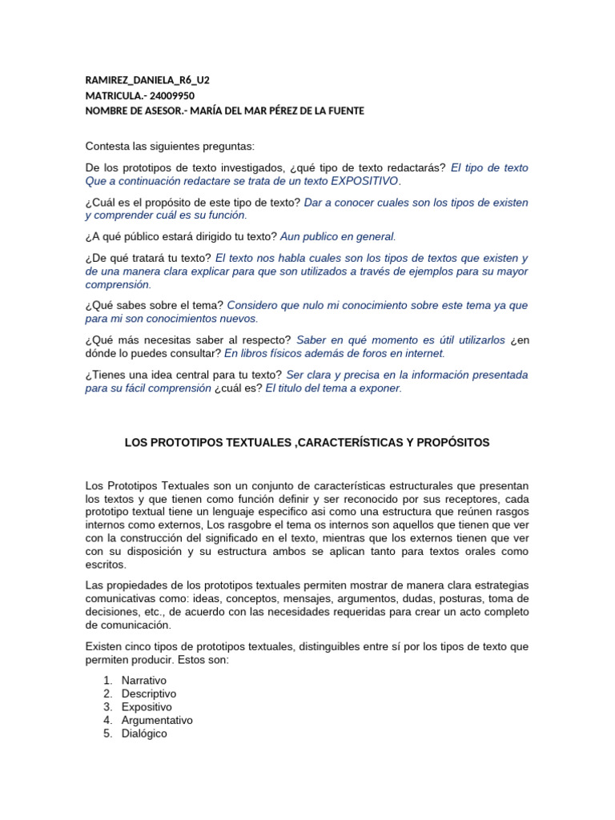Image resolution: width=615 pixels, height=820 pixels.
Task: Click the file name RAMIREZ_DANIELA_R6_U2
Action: (147, 80)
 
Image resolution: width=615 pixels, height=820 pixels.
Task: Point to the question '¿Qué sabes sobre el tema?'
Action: (155, 305)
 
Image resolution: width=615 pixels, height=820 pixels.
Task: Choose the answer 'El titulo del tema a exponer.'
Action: (333, 388)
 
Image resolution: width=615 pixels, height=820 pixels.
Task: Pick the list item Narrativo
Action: (144, 680)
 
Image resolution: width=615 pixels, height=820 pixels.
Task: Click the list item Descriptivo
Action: (149, 693)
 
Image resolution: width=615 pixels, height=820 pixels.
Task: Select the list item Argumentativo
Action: (157, 720)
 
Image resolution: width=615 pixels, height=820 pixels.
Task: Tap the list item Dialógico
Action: (144, 733)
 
